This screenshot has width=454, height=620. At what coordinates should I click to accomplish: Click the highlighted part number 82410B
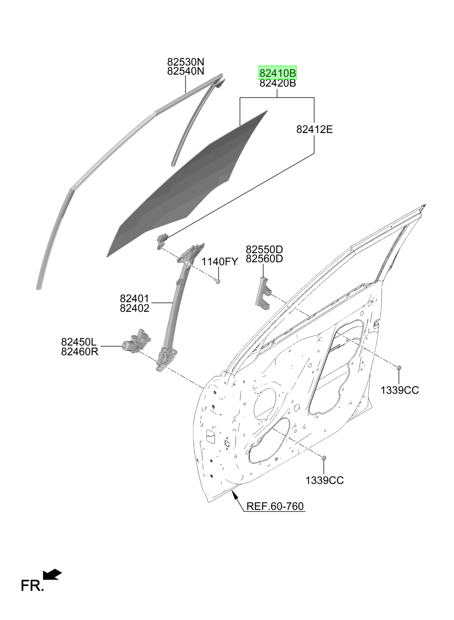(x=277, y=73)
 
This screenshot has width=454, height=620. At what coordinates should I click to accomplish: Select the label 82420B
(x=277, y=83)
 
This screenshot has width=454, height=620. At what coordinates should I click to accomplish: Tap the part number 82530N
(x=186, y=61)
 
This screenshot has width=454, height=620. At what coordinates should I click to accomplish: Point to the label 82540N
(x=186, y=71)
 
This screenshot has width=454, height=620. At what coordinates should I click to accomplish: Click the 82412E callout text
(x=314, y=129)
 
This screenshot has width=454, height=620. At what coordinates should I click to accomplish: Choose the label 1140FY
(x=220, y=262)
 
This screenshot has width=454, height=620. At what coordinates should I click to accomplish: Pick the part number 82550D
(x=264, y=249)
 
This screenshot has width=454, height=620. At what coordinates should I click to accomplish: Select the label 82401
(x=134, y=298)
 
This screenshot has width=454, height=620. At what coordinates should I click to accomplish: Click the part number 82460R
(x=80, y=352)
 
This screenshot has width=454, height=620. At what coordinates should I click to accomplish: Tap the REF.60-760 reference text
(x=275, y=506)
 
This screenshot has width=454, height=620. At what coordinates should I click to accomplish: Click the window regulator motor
(x=137, y=341)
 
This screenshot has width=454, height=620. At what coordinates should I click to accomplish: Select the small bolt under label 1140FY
(x=218, y=281)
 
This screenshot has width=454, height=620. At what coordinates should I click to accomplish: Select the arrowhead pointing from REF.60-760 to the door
(x=235, y=494)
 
